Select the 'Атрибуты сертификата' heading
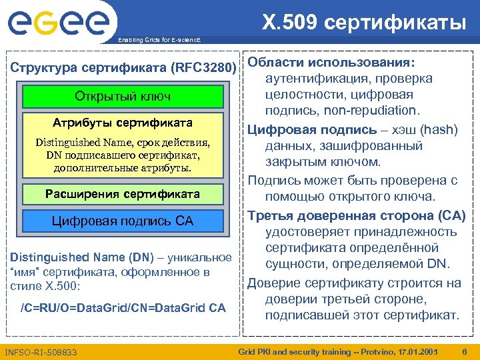(123, 123)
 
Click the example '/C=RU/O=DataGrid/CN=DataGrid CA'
(123, 307)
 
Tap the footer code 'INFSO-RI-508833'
(41, 351)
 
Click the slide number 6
(464, 351)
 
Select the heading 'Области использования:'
(331, 62)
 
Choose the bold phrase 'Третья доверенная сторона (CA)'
(357, 215)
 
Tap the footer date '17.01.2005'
(416, 351)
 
